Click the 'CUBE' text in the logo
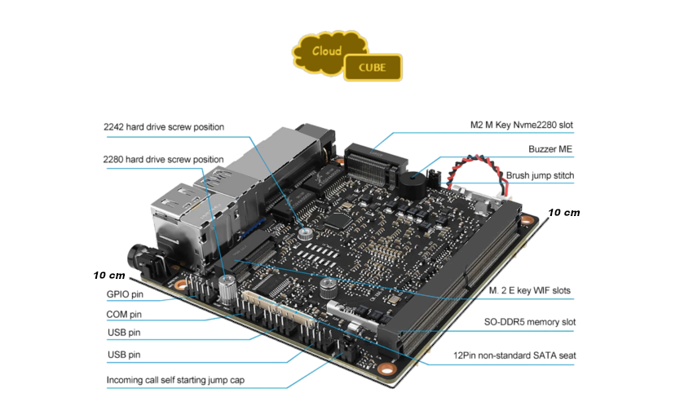click(x=373, y=68)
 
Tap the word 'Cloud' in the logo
click(x=326, y=51)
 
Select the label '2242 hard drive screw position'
click(x=163, y=127)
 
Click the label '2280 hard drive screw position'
click(x=163, y=159)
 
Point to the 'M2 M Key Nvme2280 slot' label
click(x=522, y=125)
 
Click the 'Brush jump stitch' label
click(x=540, y=175)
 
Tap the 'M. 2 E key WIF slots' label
click(x=529, y=290)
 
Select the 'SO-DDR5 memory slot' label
click(x=528, y=322)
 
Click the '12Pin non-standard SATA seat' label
click(x=514, y=355)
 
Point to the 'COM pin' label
click(x=124, y=314)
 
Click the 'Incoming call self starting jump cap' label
click(x=175, y=381)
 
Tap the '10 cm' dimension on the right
click(x=563, y=212)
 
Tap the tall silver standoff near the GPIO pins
click(x=227, y=288)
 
